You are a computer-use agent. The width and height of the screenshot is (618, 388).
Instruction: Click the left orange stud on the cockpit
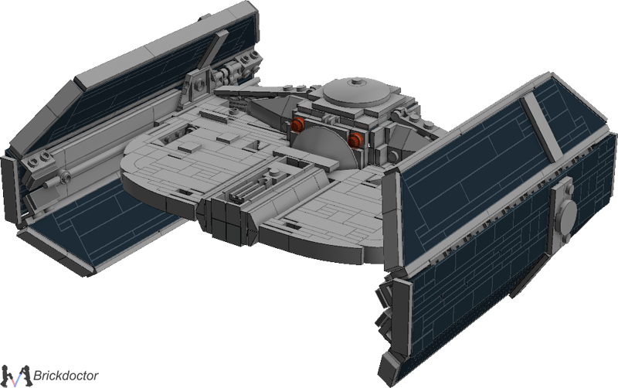pos(297,124)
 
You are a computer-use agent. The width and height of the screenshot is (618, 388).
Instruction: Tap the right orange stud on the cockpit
pos(355,140)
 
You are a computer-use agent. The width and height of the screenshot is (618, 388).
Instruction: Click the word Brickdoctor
pos(66,375)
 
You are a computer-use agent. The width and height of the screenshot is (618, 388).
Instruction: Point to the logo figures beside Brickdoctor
pos(15,376)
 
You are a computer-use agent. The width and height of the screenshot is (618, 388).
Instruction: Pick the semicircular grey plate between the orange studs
pos(324,147)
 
